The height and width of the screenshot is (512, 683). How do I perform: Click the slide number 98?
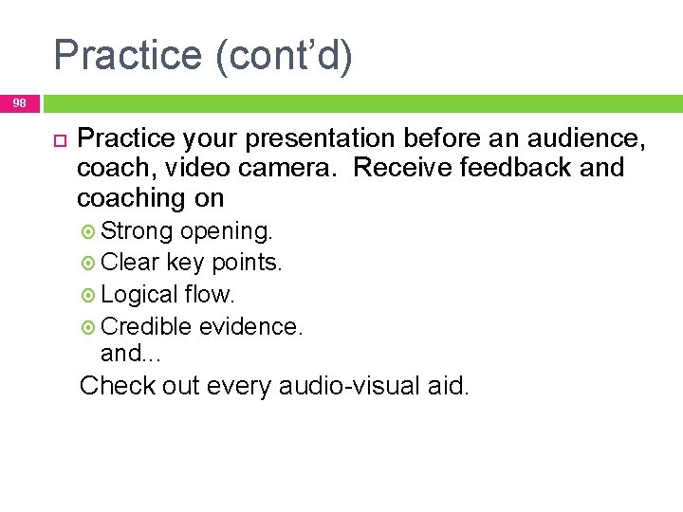20,102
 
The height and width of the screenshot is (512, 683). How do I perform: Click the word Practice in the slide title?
127,55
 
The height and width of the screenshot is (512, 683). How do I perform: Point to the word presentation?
320,139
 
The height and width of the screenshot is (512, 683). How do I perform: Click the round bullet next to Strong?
89,231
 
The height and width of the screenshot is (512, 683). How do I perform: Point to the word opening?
226,230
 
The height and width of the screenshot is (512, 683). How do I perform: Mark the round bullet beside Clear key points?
89,263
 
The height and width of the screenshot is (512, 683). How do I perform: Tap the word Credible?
145,326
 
